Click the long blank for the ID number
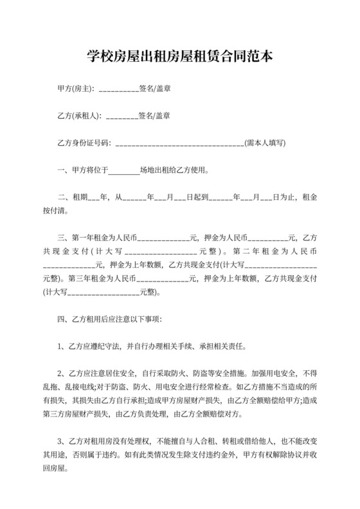point(179,145)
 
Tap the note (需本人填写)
point(265,144)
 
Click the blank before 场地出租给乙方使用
point(124,172)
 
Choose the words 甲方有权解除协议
point(264,455)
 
